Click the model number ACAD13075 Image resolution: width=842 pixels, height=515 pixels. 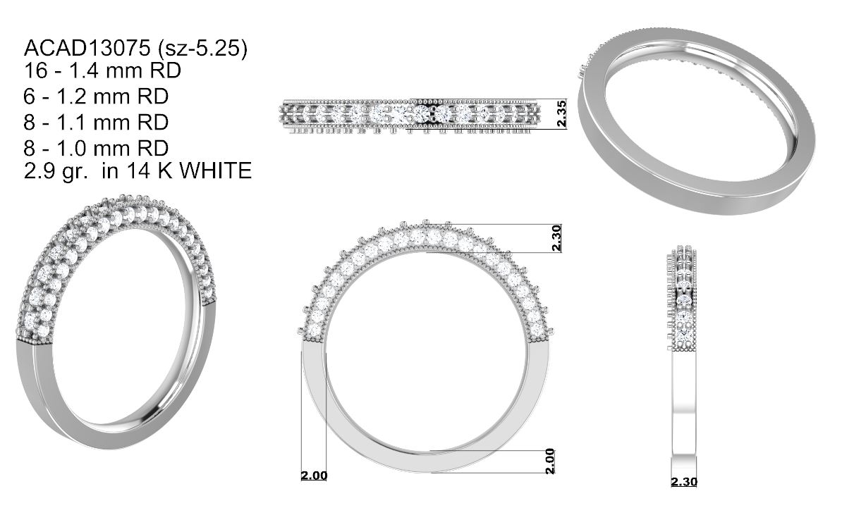(87, 49)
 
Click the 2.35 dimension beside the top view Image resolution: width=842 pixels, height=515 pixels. (562, 113)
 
